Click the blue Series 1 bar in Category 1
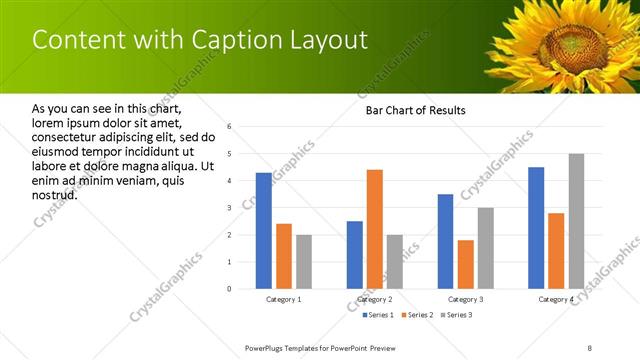(x=263, y=231)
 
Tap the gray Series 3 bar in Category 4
(x=576, y=221)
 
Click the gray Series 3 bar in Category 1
(x=303, y=262)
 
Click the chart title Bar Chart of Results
(x=410, y=110)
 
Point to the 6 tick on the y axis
(x=230, y=127)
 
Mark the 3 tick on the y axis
(x=230, y=208)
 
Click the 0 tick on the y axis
(x=230, y=289)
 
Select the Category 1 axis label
(x=283, y=299)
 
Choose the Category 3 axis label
(x=465, y=299)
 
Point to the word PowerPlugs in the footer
(x=267, y=347)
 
